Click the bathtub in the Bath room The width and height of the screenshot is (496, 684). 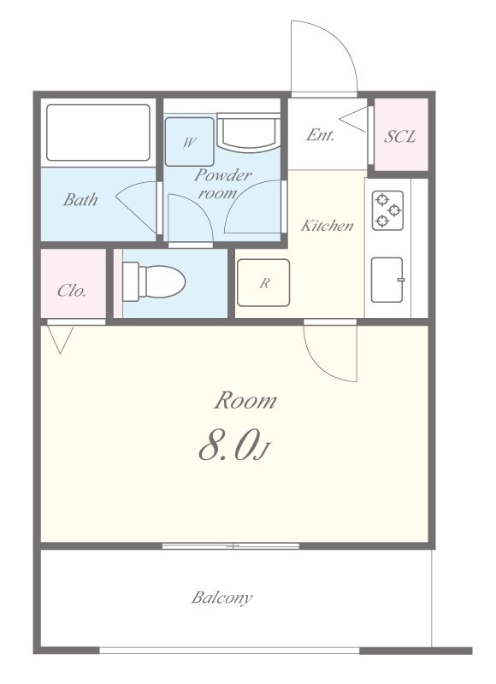98,133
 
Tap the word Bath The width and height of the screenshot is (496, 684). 80,200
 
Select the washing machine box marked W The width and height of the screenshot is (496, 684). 189,142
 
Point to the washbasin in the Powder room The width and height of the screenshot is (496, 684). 249,133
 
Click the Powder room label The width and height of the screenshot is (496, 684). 222,183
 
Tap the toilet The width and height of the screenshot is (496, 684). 154,282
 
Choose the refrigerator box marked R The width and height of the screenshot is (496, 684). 263,283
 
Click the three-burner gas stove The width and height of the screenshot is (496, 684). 387,210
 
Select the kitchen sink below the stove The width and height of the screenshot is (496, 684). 387,280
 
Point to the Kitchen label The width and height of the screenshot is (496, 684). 328,226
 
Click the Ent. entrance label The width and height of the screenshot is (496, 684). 320,135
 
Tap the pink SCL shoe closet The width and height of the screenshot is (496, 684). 401,134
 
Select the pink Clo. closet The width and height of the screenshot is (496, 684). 74,283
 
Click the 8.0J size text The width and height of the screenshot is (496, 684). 235,445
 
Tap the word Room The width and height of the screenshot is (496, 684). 245,400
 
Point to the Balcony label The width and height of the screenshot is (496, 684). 222,597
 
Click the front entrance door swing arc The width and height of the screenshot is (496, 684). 340,43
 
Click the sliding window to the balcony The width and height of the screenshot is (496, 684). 231,545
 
